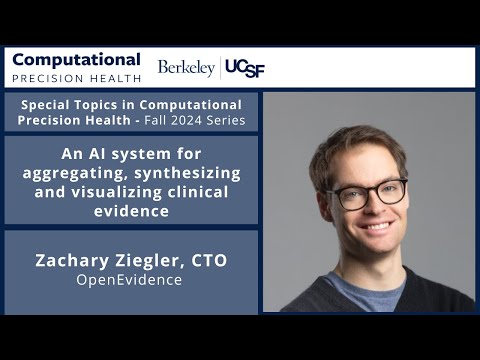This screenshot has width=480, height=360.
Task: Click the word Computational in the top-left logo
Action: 76,60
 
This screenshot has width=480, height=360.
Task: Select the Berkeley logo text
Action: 186,68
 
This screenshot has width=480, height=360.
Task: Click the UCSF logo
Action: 245,68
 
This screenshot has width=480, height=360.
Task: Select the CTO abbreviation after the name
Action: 209,261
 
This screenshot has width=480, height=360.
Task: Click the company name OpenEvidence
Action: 130,280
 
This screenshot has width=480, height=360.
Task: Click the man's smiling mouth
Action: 372,227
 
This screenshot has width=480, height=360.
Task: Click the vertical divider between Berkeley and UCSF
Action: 220,68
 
